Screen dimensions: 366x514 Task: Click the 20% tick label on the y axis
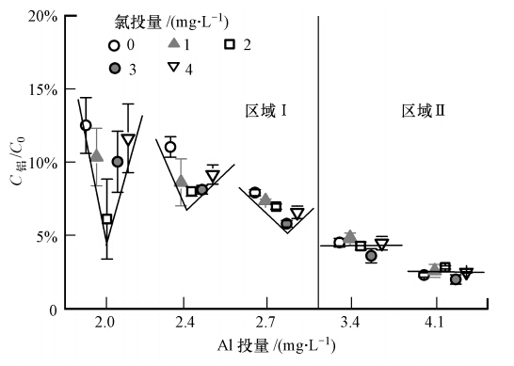pyautogui.click(x=35, y=17)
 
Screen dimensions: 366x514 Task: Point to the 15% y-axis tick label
pyautogui.click(x=35, y=90)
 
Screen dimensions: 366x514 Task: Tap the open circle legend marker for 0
pyautogui.click(x=114, y=44)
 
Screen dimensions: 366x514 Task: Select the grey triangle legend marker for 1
pyautogui.click(x=173, y=44)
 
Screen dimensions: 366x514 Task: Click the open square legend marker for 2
pyautogui.click(x=230, y=44)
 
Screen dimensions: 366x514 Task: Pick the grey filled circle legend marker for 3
pyautogui.click(x=114, y=70)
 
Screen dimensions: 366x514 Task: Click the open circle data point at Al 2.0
pyautogui.click(x=86, y=125)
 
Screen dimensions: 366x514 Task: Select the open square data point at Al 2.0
pyautogui.click(x=106, y=218)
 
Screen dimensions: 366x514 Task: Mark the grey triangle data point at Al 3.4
pyautogui.click(x=350, y=236)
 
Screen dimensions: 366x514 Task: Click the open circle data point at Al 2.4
pyautogui.click(x=170, y=147)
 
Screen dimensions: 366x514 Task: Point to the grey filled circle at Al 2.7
pyautogui.click(x=287, y=223)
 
